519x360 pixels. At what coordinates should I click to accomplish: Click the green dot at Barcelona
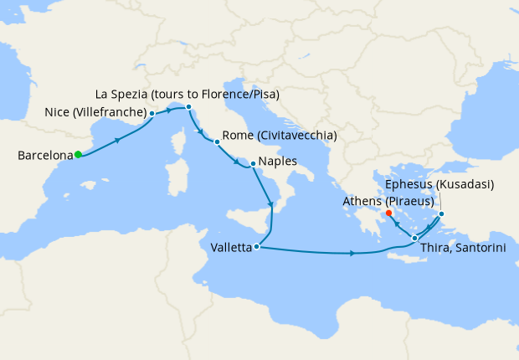point(78,154)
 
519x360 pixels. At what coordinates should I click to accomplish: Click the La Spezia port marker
point(189,107)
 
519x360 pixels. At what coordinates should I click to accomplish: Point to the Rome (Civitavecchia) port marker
point(217,141)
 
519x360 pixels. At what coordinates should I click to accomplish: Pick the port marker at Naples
point(253,163)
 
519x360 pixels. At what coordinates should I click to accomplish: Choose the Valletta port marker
point(257,247)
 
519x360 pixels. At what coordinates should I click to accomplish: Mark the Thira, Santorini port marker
point(415,239)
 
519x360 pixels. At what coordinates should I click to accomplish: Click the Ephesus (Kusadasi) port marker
point(442,213)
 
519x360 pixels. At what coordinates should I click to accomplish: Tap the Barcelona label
point(44,155)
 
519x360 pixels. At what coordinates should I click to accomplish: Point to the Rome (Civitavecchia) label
point(280,136)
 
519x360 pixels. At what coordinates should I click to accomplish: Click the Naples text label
point(278,162)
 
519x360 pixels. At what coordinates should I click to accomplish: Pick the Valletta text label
point(229,247)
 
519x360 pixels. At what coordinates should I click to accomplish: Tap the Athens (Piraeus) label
point(387,201)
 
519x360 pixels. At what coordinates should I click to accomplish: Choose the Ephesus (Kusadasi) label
point(440,184)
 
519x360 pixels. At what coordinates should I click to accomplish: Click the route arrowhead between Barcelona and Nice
point(116,139)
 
